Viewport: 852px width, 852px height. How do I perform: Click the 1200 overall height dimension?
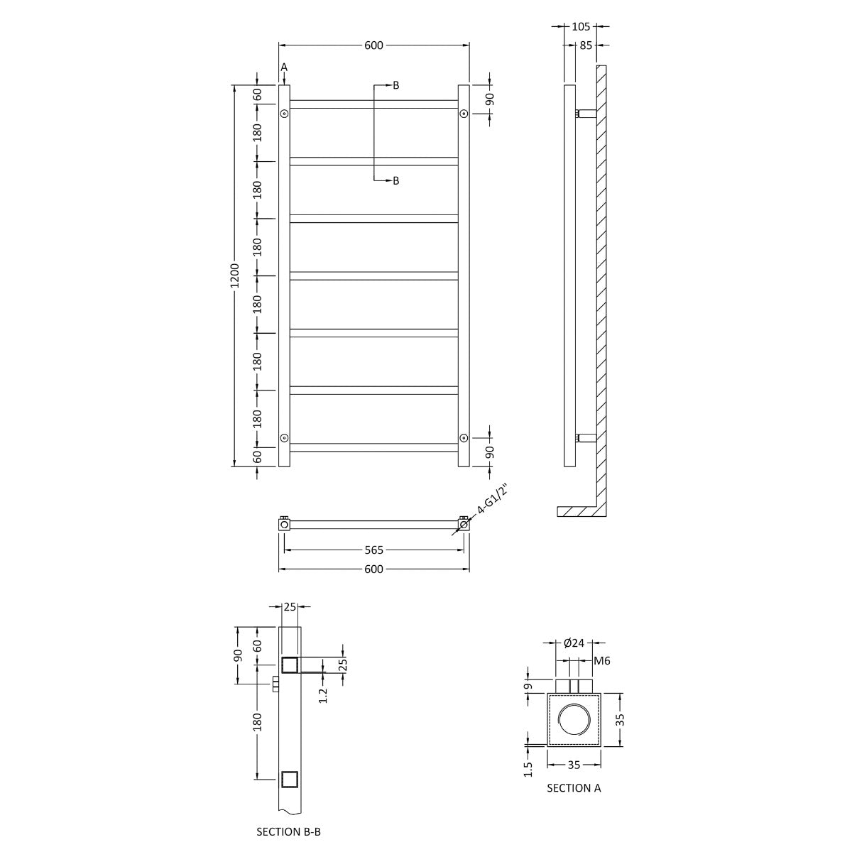[x=235, y=275]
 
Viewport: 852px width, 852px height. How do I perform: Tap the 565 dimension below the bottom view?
[x=374, y=550]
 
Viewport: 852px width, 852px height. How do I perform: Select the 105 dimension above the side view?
[x=581, y=26]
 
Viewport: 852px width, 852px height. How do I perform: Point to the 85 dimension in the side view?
[x=586, y=45]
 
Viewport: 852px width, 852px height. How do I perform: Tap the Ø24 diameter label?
[x=574, y=643]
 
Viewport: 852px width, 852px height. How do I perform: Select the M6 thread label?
[x=602, y=661]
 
